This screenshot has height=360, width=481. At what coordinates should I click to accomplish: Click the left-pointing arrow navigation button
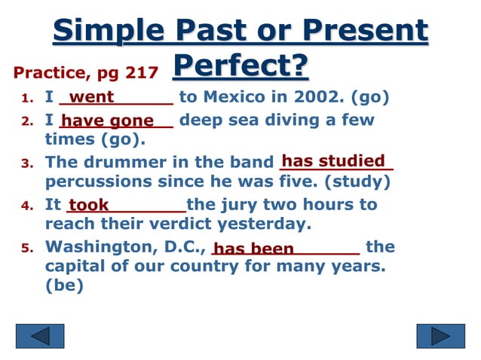coord(40,335)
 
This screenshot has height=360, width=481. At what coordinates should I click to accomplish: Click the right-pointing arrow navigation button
coord(441,335)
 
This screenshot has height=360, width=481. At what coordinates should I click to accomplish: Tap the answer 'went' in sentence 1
coord(91,97)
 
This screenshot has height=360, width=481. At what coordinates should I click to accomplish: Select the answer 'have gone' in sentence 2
coord(107,121)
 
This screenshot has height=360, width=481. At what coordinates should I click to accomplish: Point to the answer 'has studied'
coord(333,160)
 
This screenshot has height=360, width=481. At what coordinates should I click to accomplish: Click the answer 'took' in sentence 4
coord(89,205)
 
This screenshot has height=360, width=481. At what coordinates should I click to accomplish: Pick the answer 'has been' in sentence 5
coord(254,249)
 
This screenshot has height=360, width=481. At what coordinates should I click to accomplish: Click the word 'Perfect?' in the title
coord(240,66)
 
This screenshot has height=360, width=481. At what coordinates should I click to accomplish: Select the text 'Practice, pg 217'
coord(86,73)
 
